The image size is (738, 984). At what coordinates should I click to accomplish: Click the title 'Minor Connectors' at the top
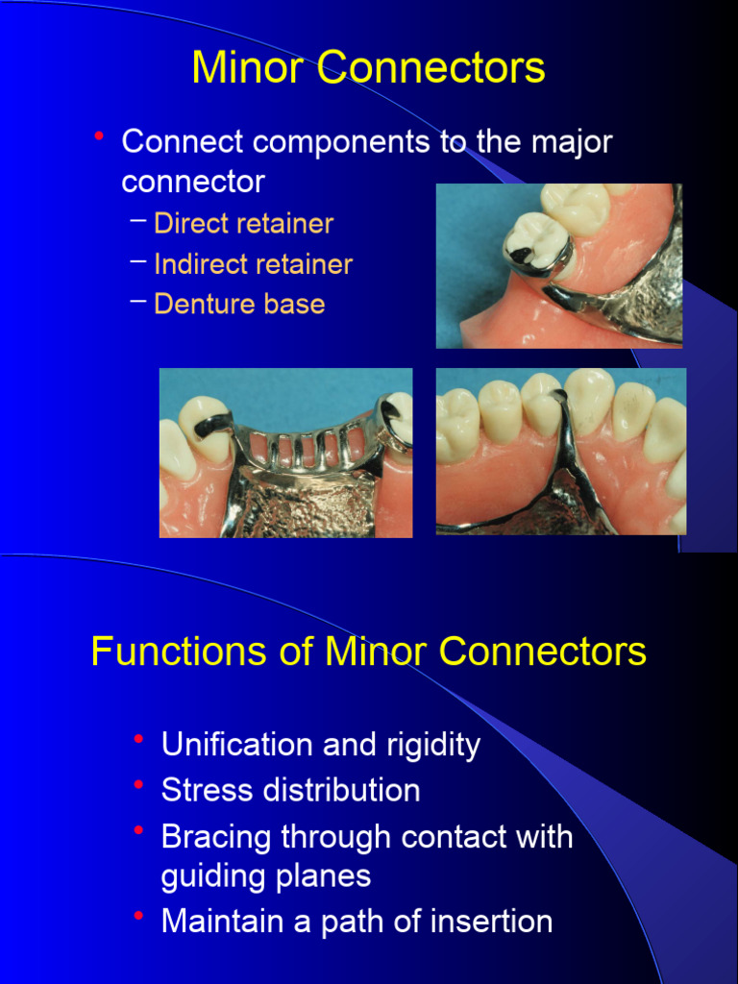point(368,68)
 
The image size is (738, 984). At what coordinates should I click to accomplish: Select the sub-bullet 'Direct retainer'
point(243,224)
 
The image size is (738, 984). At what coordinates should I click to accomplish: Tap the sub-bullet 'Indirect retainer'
point(253,264)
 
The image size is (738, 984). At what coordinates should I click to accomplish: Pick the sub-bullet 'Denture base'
point(239,305)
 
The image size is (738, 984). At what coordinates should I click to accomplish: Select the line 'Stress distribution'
point(290,790)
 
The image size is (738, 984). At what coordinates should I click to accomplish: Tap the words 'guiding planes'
point(266,876)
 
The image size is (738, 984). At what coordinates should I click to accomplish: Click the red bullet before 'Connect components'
point(99,137)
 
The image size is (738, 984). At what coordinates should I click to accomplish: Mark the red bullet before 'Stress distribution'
point(139,785)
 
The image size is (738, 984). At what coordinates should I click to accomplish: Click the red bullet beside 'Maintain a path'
point(139,917)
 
